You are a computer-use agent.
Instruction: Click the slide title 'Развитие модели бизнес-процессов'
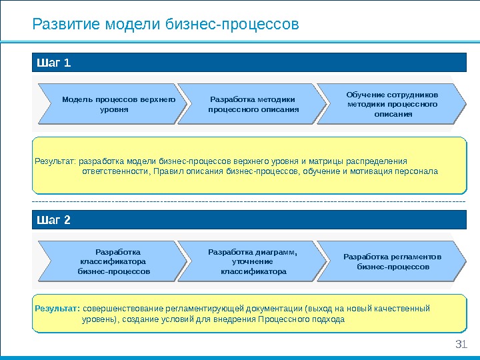click(166, 25)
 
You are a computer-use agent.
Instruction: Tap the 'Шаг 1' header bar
click(249, 63)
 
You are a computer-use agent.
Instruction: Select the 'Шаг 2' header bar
click(249, 220)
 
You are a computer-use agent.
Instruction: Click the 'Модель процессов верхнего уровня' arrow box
click(113, 104)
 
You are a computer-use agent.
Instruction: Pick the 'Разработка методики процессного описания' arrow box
click(253, 104)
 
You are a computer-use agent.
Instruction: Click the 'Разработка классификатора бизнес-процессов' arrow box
click(113, 261)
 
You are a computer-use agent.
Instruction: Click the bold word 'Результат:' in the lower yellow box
click(57, 308)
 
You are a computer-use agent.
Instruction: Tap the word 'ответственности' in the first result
click(115, 171)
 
